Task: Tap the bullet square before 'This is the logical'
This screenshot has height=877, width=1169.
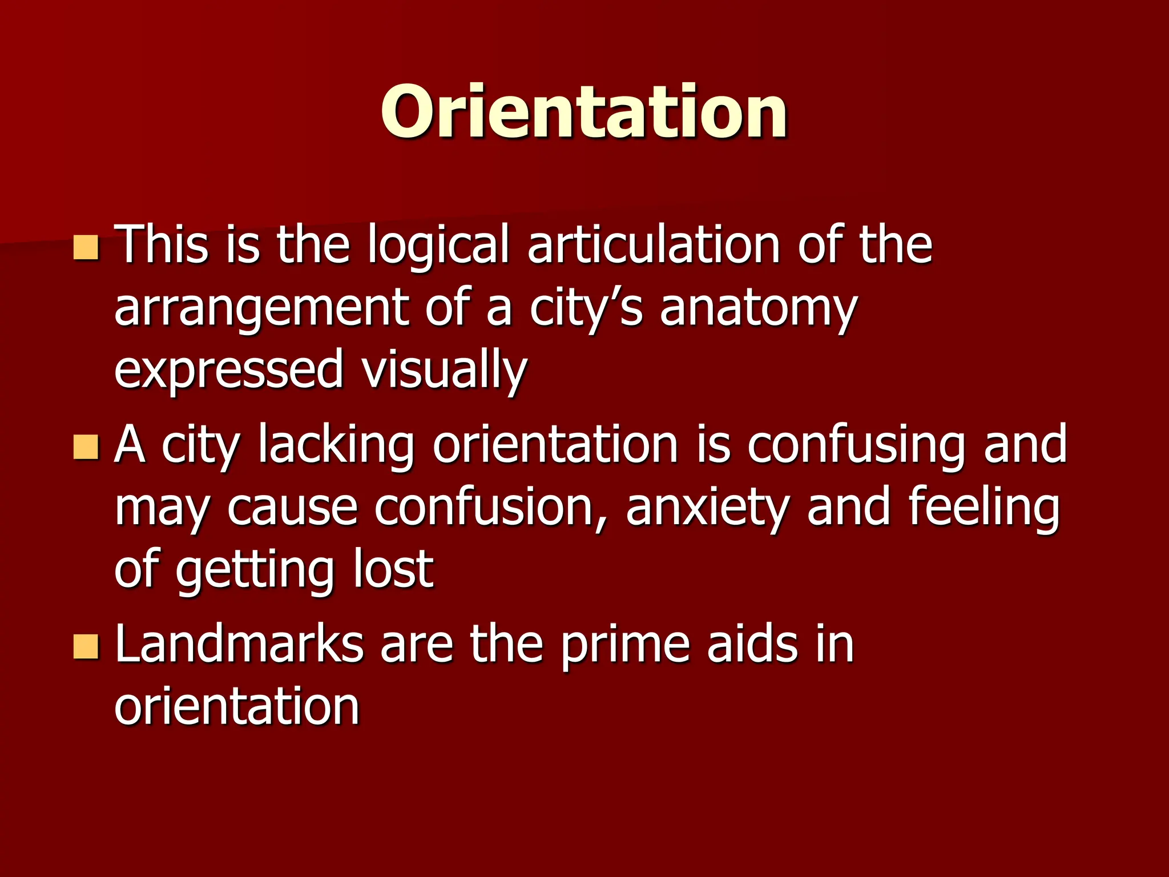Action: [86, 248]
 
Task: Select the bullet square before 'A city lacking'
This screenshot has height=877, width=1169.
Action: [86, 447]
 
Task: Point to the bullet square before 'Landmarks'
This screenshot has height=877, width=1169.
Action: [86, 647]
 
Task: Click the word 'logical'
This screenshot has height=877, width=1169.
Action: [438, 246]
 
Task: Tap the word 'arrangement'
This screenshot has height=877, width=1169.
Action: [261, 309]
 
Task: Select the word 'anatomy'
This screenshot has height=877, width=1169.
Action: [758, 309]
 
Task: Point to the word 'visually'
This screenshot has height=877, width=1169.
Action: [444, 370]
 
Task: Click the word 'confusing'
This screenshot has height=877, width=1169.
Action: [856, 445]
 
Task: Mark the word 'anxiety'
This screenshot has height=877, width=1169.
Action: [707, 508]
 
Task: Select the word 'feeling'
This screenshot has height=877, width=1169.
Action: [983, 508]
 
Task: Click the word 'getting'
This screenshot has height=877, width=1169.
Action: [255, 571]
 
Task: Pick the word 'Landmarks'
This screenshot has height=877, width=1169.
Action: [239, 643]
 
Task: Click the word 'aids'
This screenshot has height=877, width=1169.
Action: [752, 643]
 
